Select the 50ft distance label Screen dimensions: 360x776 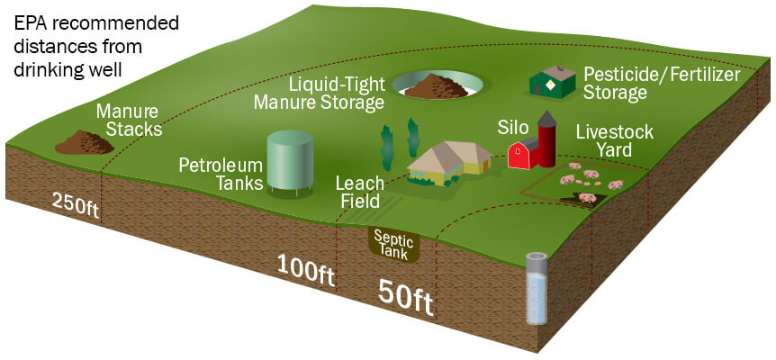tap(405, 295)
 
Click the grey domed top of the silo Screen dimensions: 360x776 tap(546, 119)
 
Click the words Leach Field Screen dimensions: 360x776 tap(358, 191)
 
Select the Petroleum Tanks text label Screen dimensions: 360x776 tap(220, 175)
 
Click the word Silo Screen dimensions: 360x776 tap(514, 125)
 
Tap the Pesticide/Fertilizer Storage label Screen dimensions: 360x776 tap(661, 83)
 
